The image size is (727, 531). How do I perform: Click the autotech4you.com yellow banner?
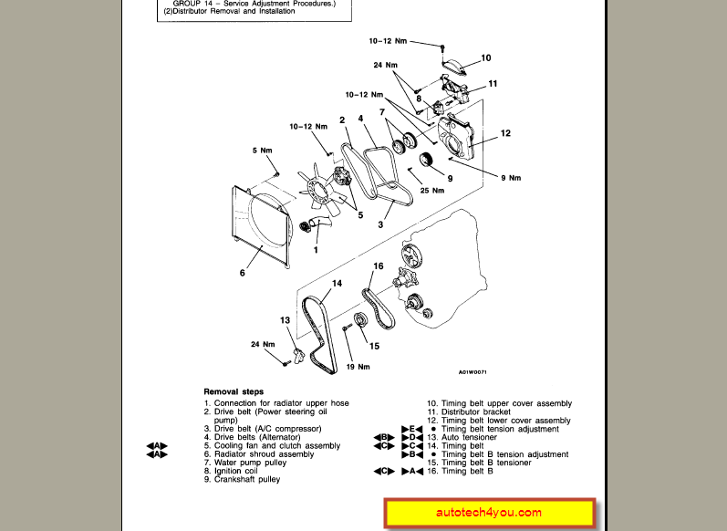point(490,513)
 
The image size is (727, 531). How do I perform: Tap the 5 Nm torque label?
point(263,150)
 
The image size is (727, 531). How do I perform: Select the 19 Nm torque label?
point(358,367)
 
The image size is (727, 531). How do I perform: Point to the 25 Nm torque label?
point(431,190)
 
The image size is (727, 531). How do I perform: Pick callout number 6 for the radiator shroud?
point(243,272)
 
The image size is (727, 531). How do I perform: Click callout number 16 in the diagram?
point(379,266)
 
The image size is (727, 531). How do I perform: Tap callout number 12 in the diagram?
point(505,133)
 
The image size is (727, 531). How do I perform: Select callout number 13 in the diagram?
point(285,320)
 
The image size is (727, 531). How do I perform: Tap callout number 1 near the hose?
point(316,249)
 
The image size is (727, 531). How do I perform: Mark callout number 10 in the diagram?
point(486,57)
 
